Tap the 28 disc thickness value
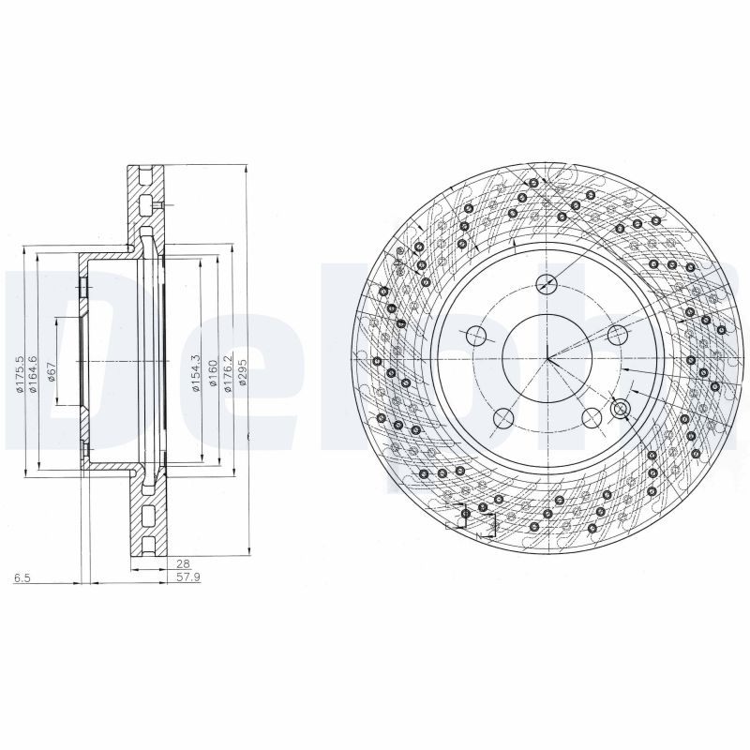[x=183, y=564]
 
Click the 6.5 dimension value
[x=22, y=579]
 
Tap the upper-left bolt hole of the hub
[x=476, y=335]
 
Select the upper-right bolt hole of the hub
[x=617, y=335]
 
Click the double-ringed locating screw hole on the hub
[x=619, y=409]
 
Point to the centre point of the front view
[x=548, y=359]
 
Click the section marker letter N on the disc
[x=478, y=535]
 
